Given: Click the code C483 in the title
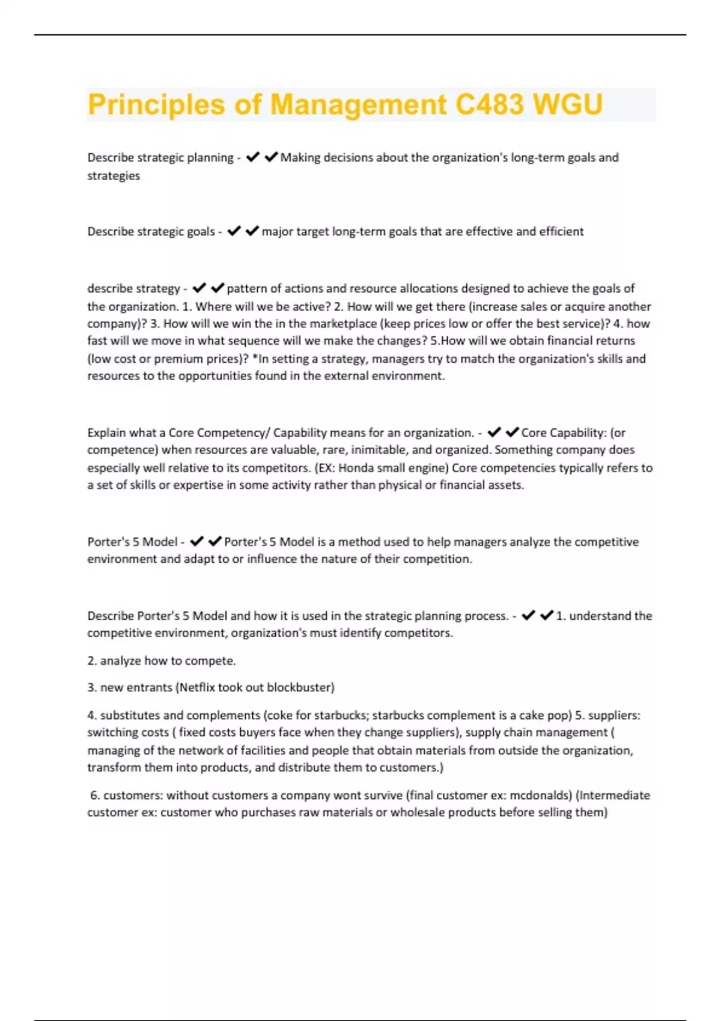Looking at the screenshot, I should [489, 105].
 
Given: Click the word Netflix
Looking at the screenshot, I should [196, 687].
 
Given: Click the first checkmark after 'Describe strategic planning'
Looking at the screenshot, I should [253, 157].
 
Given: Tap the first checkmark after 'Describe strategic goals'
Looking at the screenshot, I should [234, 231].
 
